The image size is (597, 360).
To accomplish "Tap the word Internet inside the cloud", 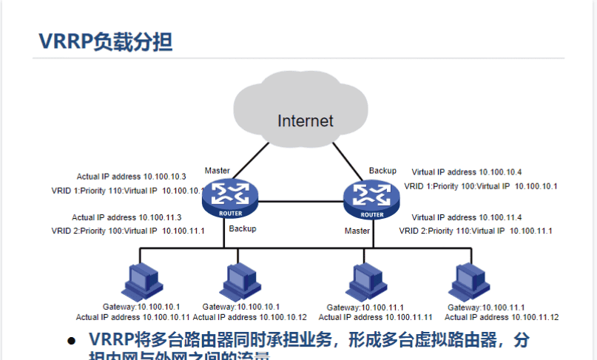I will pyautogui.click(x=306, y=120).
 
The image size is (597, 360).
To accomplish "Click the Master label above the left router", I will pyautogui.click(x=217, y=171).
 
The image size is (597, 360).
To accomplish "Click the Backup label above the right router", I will pyautogui.click(x=382, y=171).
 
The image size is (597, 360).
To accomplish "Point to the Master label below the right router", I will pyautogui.click(x=357, y=231).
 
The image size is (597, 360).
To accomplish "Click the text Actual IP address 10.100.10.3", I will pyautogui.click(x=131, y=177).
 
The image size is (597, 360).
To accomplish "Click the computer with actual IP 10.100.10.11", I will pyautogui.click(x=138, y=280).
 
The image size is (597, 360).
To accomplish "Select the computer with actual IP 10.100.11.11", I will pyautogui.click(x=365, y=280).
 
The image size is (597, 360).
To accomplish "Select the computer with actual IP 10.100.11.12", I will pyautogui.click(x=468, y=280).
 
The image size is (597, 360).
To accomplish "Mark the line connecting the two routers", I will pyautogui.click(x=301, y=201).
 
